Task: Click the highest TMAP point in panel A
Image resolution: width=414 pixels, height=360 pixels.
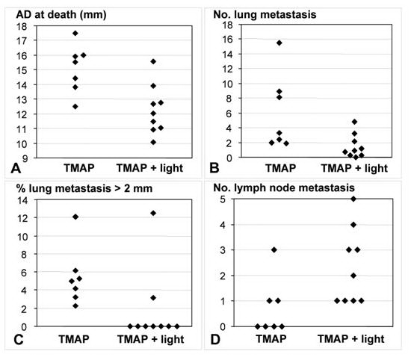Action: [75, 34]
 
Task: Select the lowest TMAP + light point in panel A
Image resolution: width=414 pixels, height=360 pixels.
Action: [153, 142]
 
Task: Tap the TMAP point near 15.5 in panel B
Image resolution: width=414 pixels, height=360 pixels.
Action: [279, 43]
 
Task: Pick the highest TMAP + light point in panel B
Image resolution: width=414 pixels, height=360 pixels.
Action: [354, 122]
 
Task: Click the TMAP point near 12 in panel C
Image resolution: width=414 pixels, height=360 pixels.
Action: [75, 217]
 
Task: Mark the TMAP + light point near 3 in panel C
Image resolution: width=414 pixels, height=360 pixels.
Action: [153, 298]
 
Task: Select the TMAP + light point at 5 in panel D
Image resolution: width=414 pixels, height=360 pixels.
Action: [353, 199]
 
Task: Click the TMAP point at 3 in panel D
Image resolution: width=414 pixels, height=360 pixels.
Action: [274, 250]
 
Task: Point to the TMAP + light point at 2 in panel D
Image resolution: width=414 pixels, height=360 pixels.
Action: [353, 276]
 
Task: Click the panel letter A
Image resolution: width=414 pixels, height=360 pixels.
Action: [16, 168]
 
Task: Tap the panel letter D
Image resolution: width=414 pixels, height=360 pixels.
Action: [215, 339]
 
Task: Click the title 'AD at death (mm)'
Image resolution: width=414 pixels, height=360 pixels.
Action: [61, 14]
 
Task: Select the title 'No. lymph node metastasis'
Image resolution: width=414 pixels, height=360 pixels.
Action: [284, 188]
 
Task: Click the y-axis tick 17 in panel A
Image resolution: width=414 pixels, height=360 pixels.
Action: [22, 41]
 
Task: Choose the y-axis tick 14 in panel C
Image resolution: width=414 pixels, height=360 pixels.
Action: [22, 200]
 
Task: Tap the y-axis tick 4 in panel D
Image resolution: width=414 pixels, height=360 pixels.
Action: [223, 225]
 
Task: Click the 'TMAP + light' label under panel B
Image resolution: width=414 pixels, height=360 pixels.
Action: [354, 168]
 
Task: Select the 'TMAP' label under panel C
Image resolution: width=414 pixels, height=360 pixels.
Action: [74, 339]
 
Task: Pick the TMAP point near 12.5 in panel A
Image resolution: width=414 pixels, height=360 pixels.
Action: [75, 107]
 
